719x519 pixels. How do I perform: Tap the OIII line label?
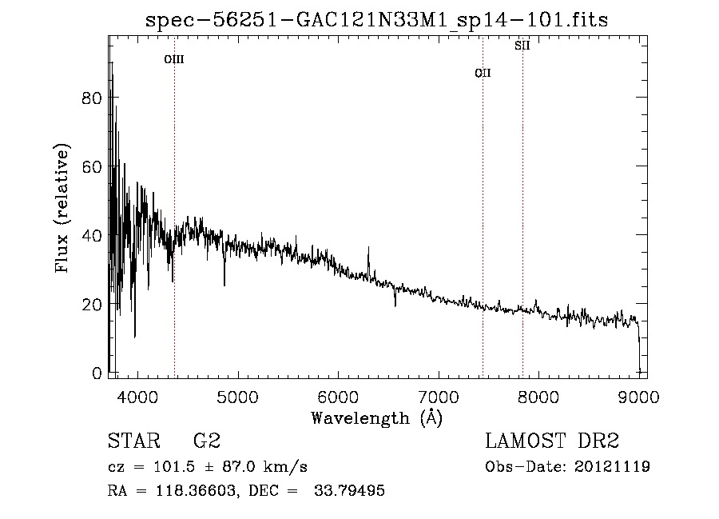174,59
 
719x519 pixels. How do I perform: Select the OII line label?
483,74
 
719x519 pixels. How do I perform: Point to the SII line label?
522,46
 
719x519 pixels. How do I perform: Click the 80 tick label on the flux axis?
93,98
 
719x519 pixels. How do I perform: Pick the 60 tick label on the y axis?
93,166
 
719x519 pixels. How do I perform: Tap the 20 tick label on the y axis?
93,305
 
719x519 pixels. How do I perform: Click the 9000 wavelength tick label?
638,396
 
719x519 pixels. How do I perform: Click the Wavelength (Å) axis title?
376,417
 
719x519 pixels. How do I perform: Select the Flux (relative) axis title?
62,208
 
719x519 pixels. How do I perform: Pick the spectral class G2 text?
207,441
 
